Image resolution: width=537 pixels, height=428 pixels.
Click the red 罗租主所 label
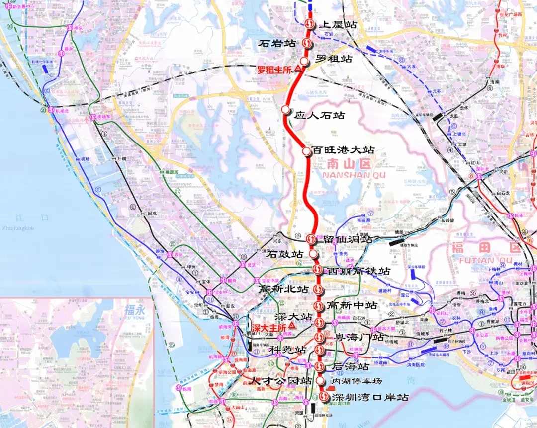click(x=273, y=70)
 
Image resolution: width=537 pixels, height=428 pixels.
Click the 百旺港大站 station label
click(x=343, y=150)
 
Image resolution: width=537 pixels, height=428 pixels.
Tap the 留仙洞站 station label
click(x=348, y=239)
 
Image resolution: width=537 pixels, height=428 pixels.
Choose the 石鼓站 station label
click(x=285, y=254)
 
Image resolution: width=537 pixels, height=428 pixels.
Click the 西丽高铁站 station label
click(x=358, y=271)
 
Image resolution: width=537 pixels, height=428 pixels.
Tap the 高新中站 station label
click(x=352, y=305)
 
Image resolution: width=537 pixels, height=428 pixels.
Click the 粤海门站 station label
click(x=359, y=337)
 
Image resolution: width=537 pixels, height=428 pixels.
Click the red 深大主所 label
click(x=269, y=328)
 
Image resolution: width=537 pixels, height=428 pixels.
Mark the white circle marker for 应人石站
click(x=285, y=109)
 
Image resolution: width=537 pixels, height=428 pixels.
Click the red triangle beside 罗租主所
click(x=298, y=69)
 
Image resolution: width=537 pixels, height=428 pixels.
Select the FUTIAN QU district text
click(x=480, y=260)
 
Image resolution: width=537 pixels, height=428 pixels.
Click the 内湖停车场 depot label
click(x=357, y=381)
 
